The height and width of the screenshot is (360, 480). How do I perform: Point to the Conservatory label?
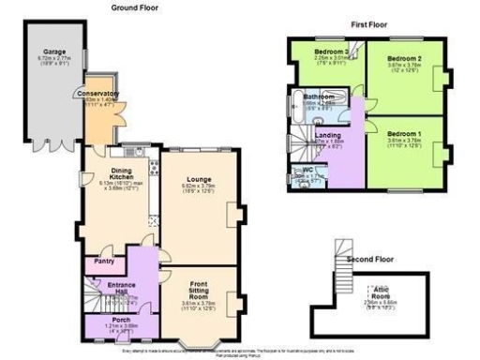[x=97, y=94]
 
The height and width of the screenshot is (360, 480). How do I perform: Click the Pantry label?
[x=104, y=262]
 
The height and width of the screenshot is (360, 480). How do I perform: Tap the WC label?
[x=307, y=170]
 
